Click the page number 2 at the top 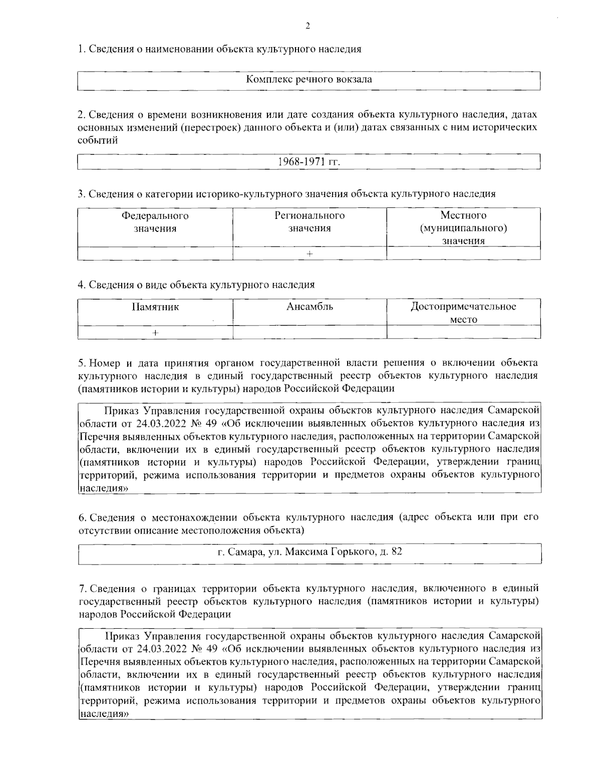pyautogui.click(x=308, y=27)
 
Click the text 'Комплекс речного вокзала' pyautogui.click(x=309, y=80)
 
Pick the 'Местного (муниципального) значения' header pyautogui.click(x=463, y=228)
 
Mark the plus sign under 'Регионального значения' pyautogui.click(x=310, y=254)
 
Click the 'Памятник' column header pyautogui.click(x=155, y=307)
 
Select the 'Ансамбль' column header pyautogui.click(x=310, y=307)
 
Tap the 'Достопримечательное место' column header pyautogui.click(x=463, y=313)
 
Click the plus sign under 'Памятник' pyautogui.click(x=155, y=333)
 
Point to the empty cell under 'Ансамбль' pyautogui.click(x=310, y=333)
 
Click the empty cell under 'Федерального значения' pyautogui.click(x=155, y=254)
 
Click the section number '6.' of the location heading pyautogui.click(x=83, y=517)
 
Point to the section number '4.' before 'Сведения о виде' pyautogui.click(x=82, y=285)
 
